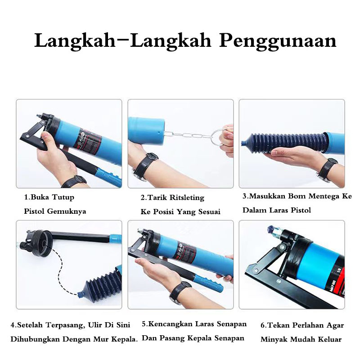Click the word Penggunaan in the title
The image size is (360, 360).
(x=278, y=41)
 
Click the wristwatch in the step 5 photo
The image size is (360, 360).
(x=180, y=292)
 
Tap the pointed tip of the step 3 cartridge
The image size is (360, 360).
(x=242, y=144)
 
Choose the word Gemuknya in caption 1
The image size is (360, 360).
(x=66, y=211)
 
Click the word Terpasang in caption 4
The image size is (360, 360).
(x=61, y=325)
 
